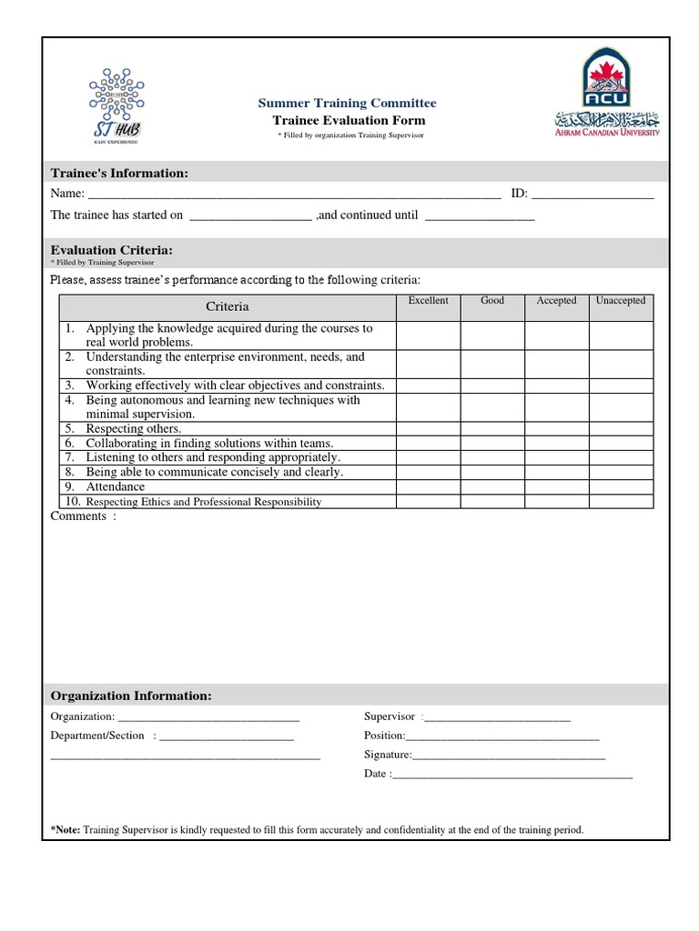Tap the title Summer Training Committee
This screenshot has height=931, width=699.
(348, 103)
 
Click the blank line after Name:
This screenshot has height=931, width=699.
(293, 194)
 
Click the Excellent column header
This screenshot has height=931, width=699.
(428, 301)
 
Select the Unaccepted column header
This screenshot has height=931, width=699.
(621, 301)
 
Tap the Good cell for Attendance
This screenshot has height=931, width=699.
(492, 486)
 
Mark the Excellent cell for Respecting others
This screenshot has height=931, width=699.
(428, 428)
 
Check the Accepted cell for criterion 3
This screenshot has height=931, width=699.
(556, 385)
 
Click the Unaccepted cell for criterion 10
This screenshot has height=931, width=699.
(621, 501)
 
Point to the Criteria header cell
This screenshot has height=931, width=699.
(227, 306)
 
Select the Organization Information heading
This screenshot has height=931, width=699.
(131, 696)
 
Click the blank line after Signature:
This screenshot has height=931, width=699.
(509, 755)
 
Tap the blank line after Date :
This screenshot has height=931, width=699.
(512, 775)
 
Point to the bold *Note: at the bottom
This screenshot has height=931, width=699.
(66, 829)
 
